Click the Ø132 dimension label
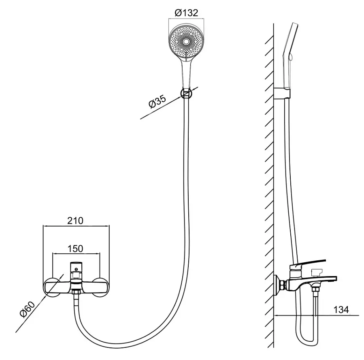(186, 13)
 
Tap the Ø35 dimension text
(158, 102)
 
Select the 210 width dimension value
(75, 221)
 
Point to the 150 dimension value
(75, 249)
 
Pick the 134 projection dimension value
(341, 310)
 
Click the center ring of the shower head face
(186, 42)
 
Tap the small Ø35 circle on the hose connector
(186, 94)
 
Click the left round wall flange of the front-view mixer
(53, 287)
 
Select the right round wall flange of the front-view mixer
(100, 287)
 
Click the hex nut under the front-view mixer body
(76, 292)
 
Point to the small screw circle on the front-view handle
(76, 270)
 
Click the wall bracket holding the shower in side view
(282, 93)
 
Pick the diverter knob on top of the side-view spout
(317, 272)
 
